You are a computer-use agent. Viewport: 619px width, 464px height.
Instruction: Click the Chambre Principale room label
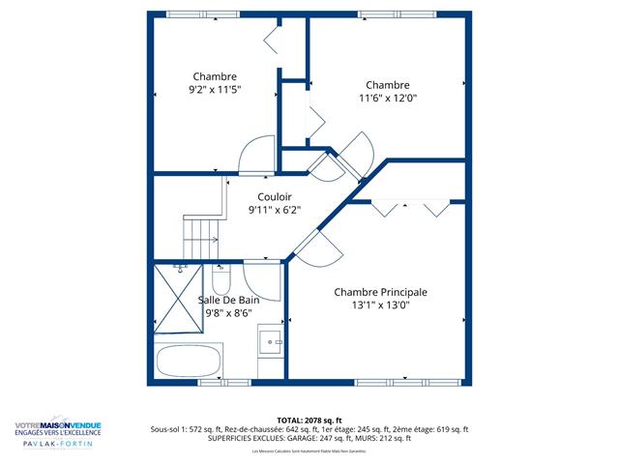380,292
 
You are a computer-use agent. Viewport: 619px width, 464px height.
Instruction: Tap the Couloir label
274,196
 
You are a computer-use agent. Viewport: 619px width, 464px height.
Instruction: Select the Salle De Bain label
230,300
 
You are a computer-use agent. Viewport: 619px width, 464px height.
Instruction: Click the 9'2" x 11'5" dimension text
215,90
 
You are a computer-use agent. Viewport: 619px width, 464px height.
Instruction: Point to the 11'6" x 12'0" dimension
388,98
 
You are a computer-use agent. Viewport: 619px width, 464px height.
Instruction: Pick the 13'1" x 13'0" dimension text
380,305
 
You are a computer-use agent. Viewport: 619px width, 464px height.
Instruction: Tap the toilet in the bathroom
220,280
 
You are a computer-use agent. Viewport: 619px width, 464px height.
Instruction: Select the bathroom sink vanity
271,341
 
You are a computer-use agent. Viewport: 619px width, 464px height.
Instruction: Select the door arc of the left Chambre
258,155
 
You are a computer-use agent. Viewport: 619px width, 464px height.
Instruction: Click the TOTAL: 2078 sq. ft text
309,420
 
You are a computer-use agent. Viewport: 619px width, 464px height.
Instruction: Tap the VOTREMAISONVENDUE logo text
57,423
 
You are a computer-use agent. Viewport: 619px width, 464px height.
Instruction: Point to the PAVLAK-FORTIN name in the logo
58,444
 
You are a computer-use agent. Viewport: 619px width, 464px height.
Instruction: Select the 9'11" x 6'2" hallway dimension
274,210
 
